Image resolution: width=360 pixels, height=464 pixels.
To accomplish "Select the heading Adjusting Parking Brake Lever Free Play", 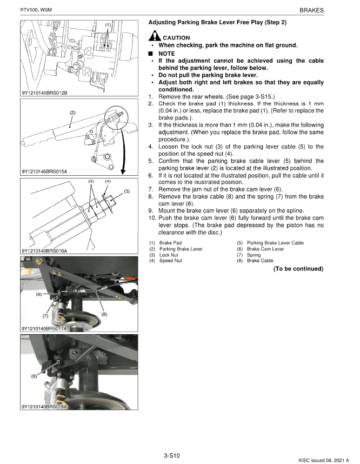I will (x=217, y=22).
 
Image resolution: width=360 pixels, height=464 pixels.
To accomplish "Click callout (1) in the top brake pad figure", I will (x=108, y=25).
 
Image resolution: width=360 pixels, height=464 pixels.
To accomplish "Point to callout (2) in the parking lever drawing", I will (x=72, y=112).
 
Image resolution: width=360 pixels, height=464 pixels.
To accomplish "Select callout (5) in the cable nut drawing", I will (x=126, y=191).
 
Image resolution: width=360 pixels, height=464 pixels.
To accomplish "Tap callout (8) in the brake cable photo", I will (x=104, y=314).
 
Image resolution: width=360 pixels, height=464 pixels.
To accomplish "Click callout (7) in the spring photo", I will (x=45, y=316).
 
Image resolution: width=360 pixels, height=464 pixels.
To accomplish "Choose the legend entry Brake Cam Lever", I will (x=265, y=249).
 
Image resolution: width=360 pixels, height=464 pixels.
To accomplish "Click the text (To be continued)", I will (x=298, y=269).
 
